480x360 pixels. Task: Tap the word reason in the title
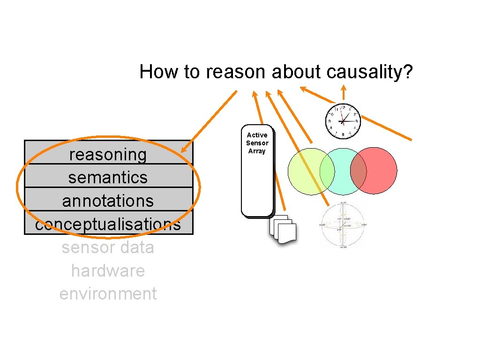point(237,72)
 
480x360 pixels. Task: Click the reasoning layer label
point(108,154)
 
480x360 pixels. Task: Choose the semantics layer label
point(108,178)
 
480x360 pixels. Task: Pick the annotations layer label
point(108,201)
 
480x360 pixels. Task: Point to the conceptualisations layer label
point(108,225)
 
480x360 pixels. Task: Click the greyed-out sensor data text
point(108,247)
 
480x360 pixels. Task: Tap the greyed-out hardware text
point(108,270)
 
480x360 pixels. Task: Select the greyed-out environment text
point(108,294)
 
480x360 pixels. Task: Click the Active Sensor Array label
point(257,143)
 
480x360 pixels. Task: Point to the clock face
point(343,121)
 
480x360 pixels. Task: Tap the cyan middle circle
point(343,172)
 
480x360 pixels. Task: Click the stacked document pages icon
point(284,230)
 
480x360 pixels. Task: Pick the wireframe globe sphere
point(343,225)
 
